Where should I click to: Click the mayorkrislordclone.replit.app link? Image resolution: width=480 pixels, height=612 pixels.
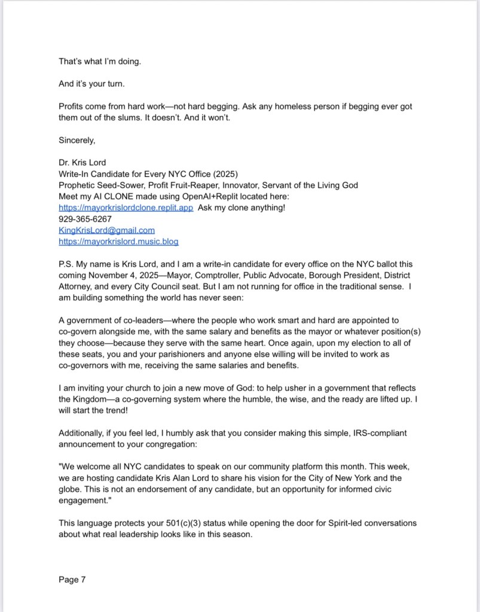(x=126, y=208)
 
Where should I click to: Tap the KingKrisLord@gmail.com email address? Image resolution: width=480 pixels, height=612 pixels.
(x=106, y=230)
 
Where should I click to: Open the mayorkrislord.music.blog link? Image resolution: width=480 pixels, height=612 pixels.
(x=118, y=241)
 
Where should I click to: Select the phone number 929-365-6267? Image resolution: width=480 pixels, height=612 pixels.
(x=85, y=219)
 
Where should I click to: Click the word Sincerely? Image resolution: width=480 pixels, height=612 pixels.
(x=77, y=140)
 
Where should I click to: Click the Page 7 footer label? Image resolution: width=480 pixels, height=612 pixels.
(x=72, y=579)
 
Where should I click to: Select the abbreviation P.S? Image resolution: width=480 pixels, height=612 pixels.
(x=68, y=264)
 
